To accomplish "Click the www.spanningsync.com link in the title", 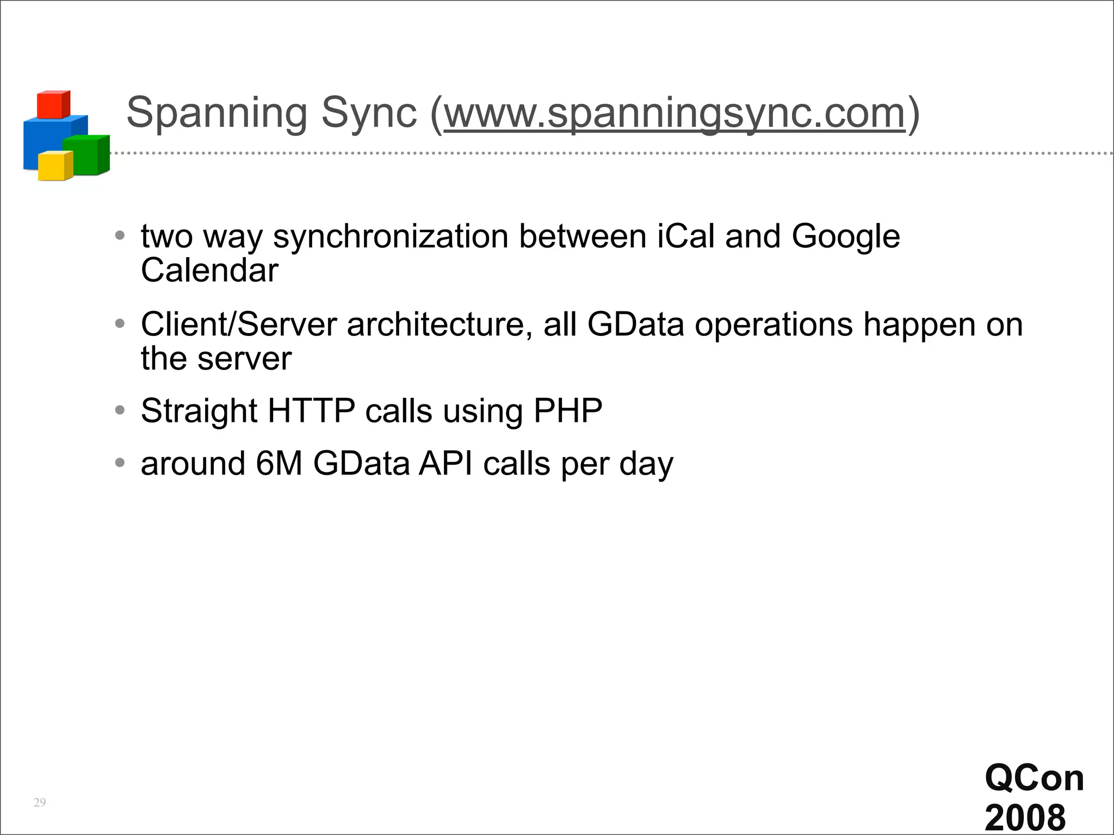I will (x=674, y=114).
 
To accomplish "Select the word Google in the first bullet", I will (x=845, y=237).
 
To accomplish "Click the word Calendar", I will (x=209, y=270).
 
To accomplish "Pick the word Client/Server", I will (x=239, y=325).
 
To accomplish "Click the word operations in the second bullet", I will (x=773, y=325).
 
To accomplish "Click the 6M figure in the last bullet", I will (x=278, y=464).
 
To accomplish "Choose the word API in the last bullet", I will (x=445, y=464).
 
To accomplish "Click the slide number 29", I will (x=40, y=802).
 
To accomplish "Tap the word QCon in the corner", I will (x=1034, y=778).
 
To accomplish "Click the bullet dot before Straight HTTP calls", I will (x=120, y=410).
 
